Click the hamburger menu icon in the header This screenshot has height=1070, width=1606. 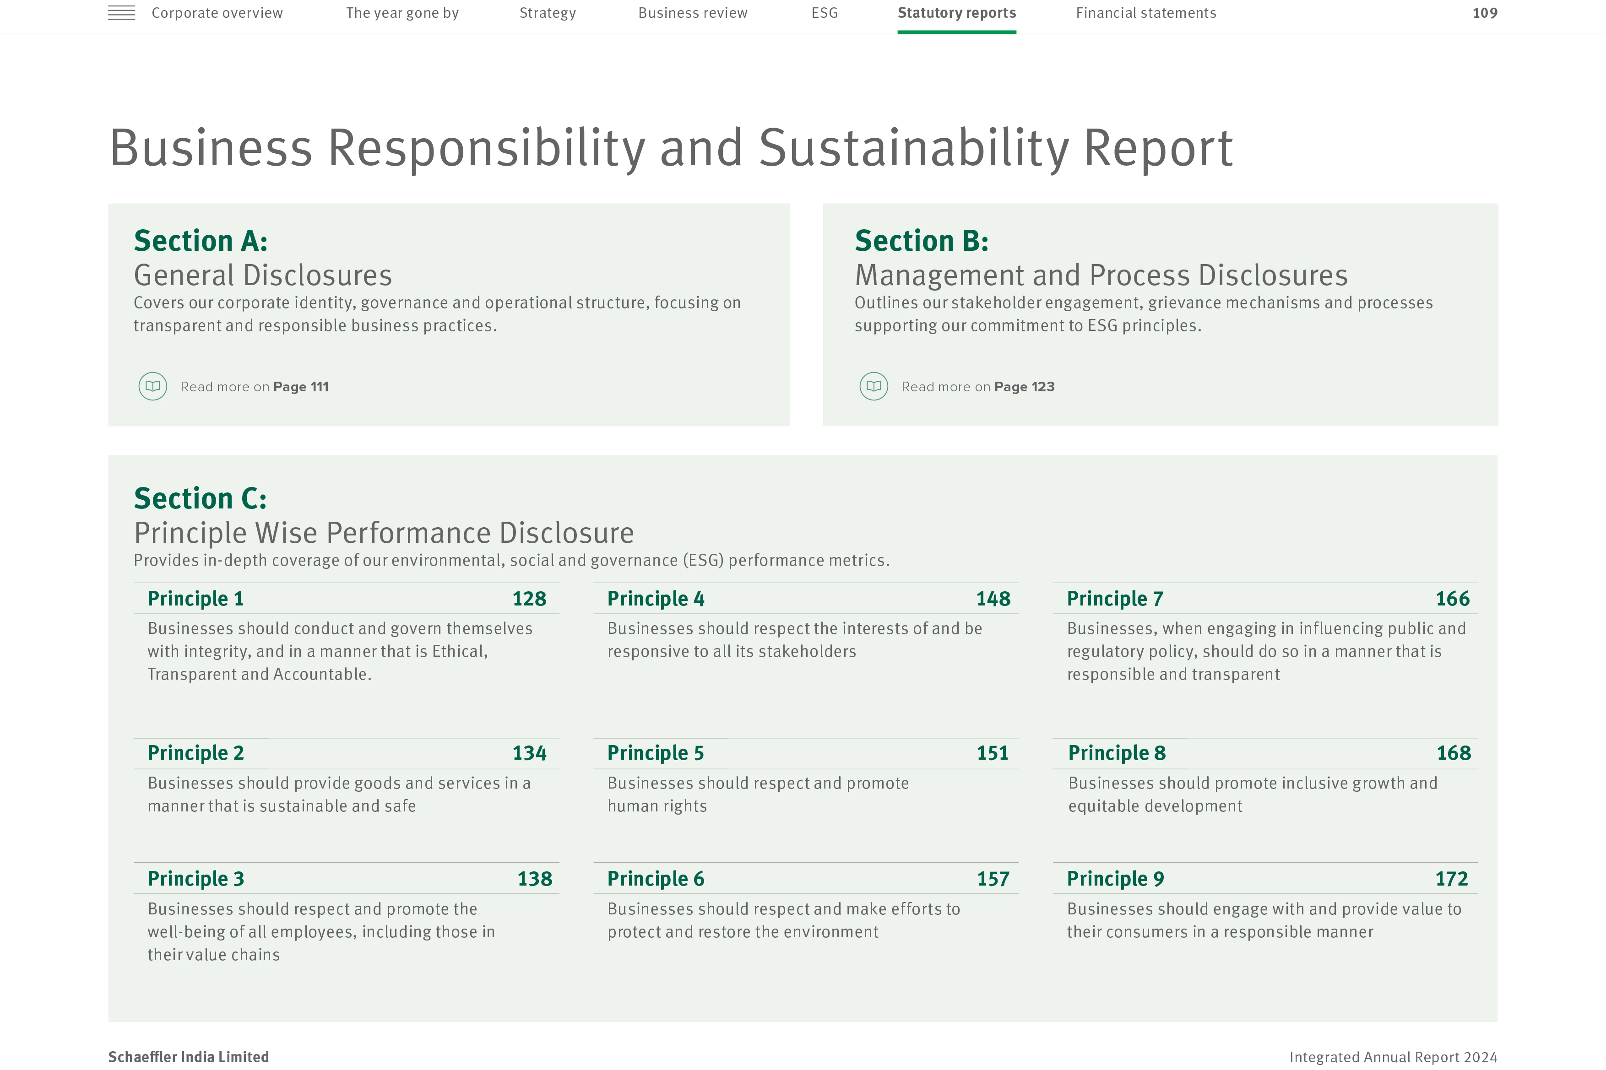coord(121,13)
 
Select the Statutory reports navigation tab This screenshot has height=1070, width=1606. coord(956,13)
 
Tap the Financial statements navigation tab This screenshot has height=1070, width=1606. coord(1146,13)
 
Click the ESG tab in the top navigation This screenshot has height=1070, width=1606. coord(825,13)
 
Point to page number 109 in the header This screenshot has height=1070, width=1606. coord(1485,13)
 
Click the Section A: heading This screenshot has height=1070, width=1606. coord(201,241)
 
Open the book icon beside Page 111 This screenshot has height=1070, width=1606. coord(153,386)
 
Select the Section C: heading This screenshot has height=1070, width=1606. coord(200,498)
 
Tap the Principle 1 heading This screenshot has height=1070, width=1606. coord(195,599)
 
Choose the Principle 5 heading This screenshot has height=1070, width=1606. coord(655,753)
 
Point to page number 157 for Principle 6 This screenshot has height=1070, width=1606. coord(993,879)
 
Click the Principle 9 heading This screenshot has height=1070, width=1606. coord(1115,879)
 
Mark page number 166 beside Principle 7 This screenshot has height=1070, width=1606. coord(1453,599)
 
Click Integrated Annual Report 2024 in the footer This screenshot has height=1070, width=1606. coord(1393,1057)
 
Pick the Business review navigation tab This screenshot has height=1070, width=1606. coord(693,13)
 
